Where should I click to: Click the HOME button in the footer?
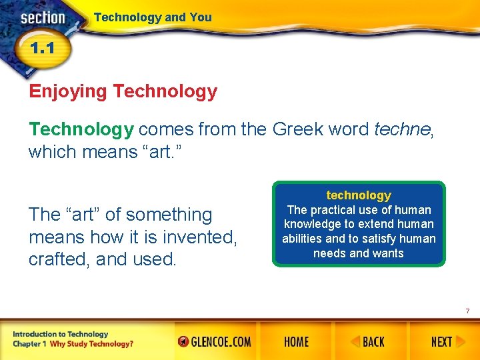(x=296, y=342)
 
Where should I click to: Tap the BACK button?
(x=368, y=342)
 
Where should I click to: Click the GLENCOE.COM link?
(x=215, y=342)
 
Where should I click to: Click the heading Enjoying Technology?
(x=123, y=91)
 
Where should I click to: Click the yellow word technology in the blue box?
(x=359, y=195)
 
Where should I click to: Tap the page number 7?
(x=467, y=311)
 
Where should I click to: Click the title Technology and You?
(x=153, y=17)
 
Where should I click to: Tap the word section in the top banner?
(x=42, y=17)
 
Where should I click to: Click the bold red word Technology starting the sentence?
(x=81, y=129)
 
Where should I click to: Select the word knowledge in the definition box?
(x=312, y=224)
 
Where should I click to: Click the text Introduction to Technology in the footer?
(x=60, y=334)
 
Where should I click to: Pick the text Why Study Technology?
(x=91, y=344)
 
